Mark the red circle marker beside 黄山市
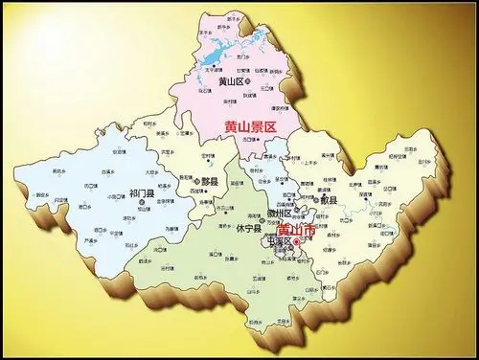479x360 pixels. point(297,243)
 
